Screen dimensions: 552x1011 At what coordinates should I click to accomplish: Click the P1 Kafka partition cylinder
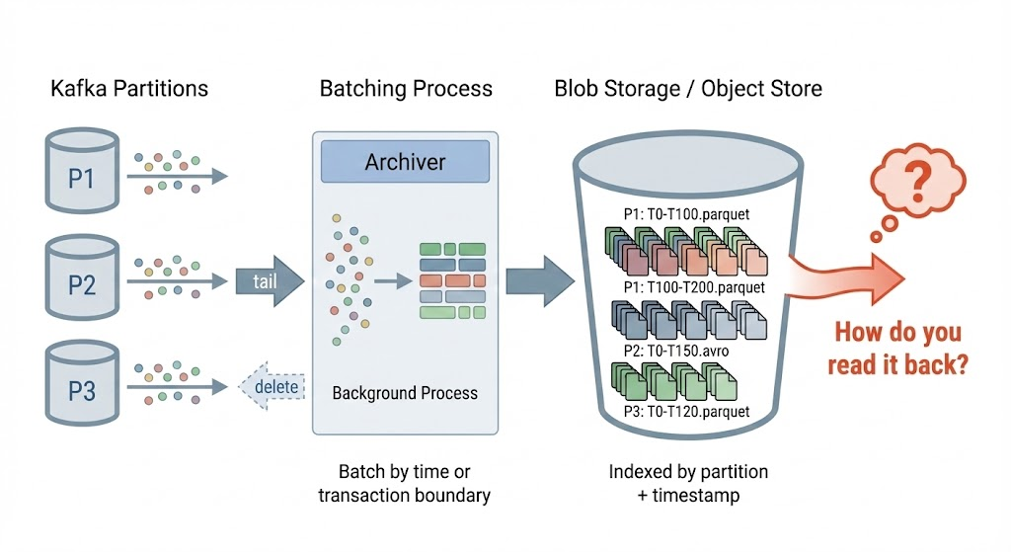82,175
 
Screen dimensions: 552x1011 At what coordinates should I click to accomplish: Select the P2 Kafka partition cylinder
82,282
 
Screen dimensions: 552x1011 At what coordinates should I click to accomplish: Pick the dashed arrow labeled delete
272,387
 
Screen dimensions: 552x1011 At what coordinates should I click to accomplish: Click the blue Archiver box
405,162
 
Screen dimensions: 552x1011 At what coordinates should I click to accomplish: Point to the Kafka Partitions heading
129,88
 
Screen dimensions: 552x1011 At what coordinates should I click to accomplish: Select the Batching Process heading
406,88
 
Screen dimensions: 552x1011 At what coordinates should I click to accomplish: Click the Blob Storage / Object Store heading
688,88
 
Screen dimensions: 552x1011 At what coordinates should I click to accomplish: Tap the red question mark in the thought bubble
918,182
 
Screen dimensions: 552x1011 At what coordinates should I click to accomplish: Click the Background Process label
405,393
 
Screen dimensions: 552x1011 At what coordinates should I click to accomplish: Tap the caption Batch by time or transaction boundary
404,484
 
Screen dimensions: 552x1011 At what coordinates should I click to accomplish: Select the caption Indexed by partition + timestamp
688,483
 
